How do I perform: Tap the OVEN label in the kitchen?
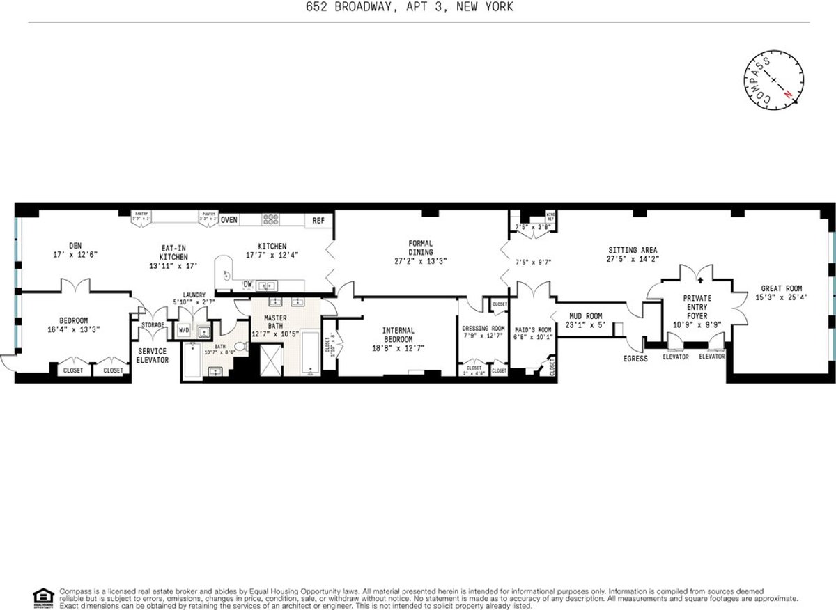pos(229,220)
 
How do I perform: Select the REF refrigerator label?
pos(318,220)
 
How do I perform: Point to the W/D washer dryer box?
pos(184,330)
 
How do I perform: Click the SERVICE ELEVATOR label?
pos(152,355)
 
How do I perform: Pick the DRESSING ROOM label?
pos(483,329)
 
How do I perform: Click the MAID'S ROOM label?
pos(533,329)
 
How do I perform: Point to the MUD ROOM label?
pos(585,316)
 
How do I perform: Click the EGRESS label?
pos(636,359)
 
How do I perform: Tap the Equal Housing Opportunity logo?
pos(42,596)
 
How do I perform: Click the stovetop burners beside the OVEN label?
pos(270,219)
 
